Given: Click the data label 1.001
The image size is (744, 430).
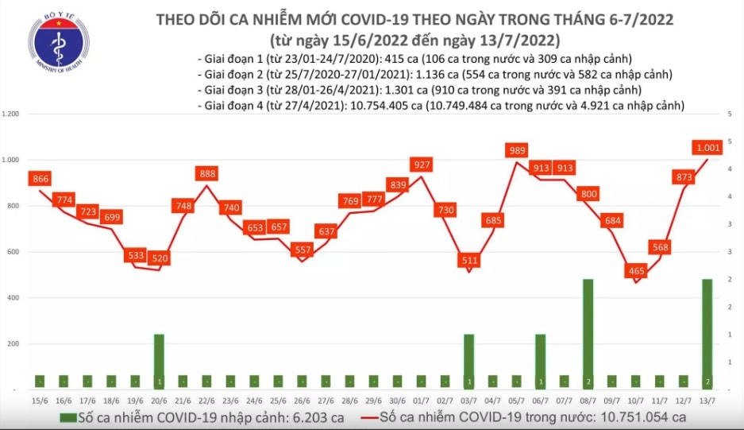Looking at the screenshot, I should (707, 146).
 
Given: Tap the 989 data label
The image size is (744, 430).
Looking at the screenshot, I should (517, 150).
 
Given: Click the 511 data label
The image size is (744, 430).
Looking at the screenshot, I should (469, 260).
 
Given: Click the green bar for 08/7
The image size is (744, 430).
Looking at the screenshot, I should (588, 334).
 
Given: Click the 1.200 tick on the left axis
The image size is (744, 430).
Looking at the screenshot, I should (12, 114).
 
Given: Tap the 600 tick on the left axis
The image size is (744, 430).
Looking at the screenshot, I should (15, 252).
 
